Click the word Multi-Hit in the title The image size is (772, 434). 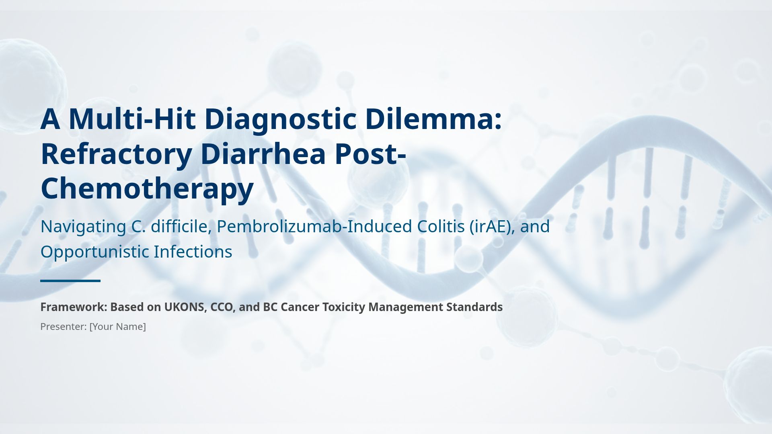[132, 119]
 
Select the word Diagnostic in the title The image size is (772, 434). [280, 119]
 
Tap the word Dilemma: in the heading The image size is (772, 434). [433, 119]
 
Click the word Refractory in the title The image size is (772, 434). [116, 154]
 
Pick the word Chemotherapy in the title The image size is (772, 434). [147, 188]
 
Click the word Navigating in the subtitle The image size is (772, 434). [83, 227]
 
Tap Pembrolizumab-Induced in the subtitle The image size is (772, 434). [314, 227]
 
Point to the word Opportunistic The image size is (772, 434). [94, 252]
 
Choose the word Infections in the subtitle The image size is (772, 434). [193, 252]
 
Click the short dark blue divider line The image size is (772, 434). [70, 281]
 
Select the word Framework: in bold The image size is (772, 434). [73, 307]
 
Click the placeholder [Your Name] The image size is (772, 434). [117, 327]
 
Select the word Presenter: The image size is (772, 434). [64, 327]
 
